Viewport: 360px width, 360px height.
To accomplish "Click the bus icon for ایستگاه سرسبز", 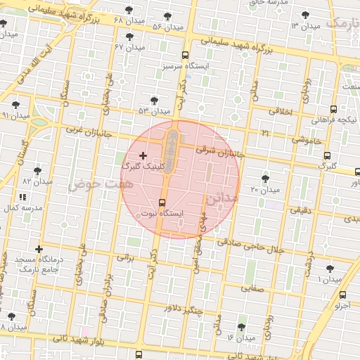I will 185,55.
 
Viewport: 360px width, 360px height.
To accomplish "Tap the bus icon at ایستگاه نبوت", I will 162,202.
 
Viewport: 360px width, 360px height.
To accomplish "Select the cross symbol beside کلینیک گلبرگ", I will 143,155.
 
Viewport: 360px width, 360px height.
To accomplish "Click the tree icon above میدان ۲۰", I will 265,179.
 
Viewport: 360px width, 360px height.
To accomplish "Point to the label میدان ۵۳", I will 155,111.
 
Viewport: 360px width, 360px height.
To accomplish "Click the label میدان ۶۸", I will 128,20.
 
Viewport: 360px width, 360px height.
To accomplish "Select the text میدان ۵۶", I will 167,27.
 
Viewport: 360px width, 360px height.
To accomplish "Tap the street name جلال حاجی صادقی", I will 259,247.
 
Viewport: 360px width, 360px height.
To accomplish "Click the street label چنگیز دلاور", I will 184,309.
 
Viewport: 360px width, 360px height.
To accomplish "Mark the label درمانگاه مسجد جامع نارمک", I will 39,264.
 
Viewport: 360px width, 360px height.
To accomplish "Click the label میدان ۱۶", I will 240,338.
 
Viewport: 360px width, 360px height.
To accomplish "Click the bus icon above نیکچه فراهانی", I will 333,109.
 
